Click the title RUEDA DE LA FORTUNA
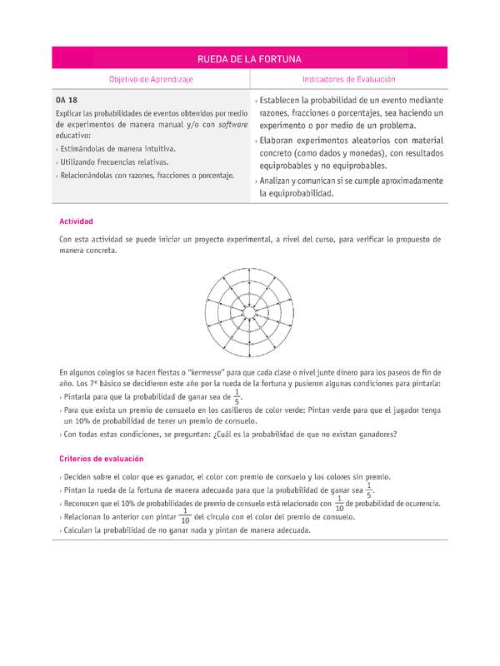(249, 59)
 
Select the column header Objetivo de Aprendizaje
(151, 79)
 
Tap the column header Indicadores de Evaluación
(348, 79)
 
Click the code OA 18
(67, 100)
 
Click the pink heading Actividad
(76, 221)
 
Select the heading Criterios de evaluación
(102, 458)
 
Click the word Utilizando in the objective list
(80, 162)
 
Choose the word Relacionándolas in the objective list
(91, 176)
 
